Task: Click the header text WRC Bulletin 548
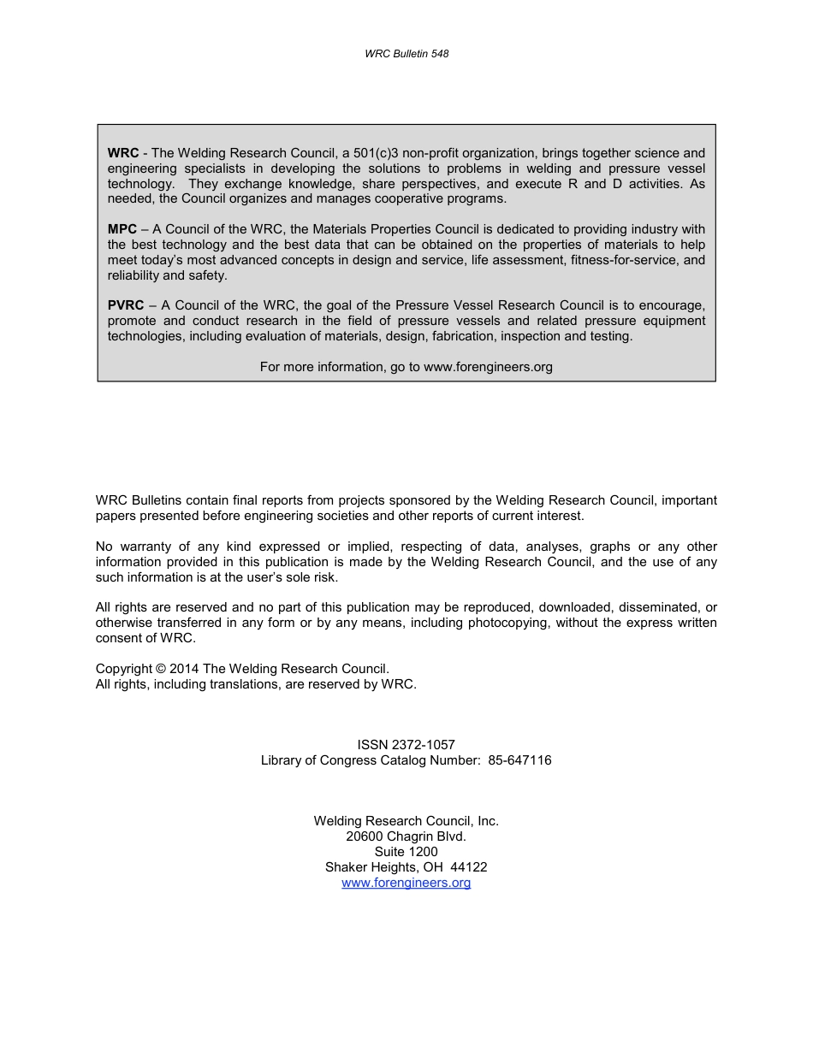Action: click(406, 54)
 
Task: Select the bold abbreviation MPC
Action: click(122, 228)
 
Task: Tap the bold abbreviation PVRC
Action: click(126, 305)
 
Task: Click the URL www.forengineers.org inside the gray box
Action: click(488, 367)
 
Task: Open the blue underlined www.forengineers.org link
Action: click(406, 883)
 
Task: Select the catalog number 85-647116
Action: click(520, 760)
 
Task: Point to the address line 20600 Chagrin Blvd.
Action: click(406, 836)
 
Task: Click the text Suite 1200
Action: click(406, 852)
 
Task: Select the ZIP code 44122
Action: click(469, 867)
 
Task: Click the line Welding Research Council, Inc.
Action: click(406, 821)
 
